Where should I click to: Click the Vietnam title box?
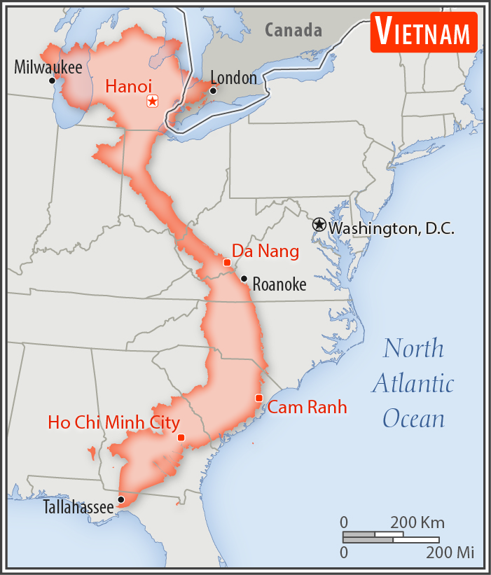pos(423,33)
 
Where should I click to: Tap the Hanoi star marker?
pos(152,102)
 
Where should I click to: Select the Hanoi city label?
pos(128,86)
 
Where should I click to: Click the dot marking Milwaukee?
pos(52,81)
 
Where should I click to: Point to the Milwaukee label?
pos(48,67)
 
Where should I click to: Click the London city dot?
pos(213,90)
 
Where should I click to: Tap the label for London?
pos(234,78)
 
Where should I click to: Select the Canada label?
pos(293,30)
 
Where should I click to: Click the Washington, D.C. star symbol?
pos(319,225)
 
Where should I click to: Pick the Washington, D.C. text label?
pos(392,228)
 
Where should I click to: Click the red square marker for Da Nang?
pos(227,262)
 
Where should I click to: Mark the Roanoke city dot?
pos(244,279)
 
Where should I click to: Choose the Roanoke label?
pos(279,284)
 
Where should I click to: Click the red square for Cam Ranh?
pos(259,398)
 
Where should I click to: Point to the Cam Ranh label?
pos(307,407)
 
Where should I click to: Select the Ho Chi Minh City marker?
pos(181,438)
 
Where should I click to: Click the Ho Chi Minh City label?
pos(113,422)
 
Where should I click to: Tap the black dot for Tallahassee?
pos(121,499)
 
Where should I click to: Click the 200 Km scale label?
pos(417,522)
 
